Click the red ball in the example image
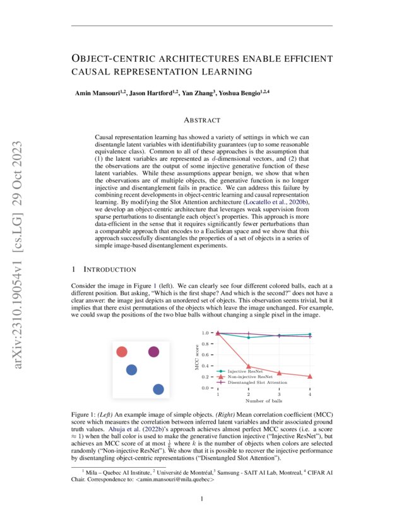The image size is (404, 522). [x=122, y=352]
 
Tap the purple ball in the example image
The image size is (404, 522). [x=153, y=352]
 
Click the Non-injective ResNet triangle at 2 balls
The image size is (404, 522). [x=249, y=366]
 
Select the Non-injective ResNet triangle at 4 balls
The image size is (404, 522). [x=310, y=376]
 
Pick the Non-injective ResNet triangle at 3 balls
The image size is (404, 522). [x=279, y=373]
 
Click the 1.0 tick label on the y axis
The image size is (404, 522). [x=205, y=333]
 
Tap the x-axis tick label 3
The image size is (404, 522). [x=279, y=394]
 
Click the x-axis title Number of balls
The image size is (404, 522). [x=264, y=400]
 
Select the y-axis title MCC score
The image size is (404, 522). [x=196, y=360]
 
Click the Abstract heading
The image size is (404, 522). [x=201, y=120]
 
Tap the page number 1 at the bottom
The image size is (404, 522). [x=201, y=499]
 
